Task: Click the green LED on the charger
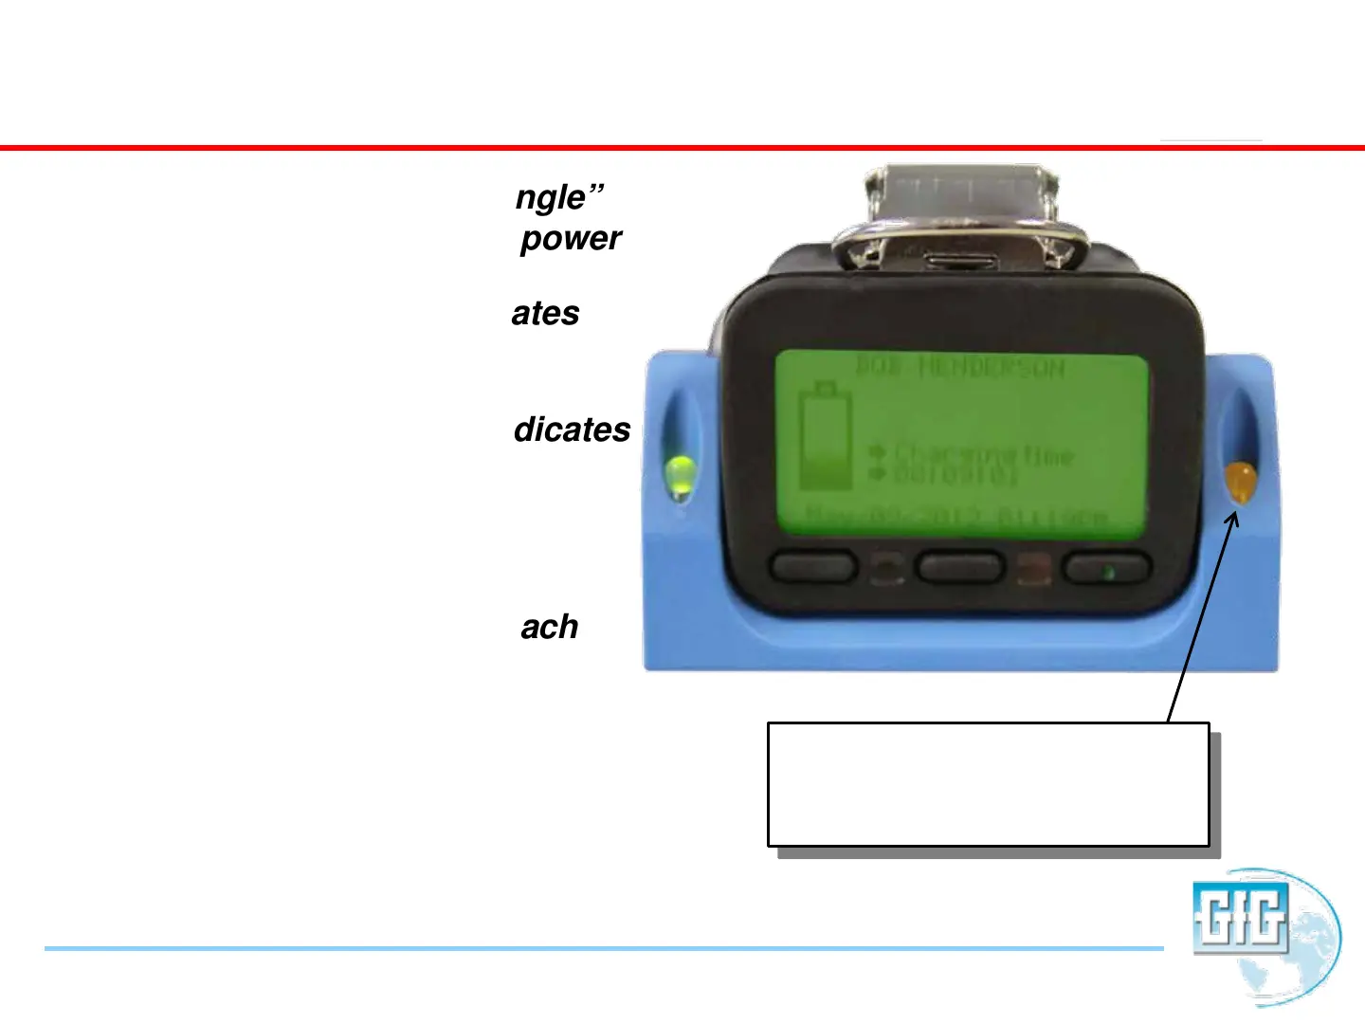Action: [x=680, y=475]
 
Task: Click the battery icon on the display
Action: [x=826, y=435]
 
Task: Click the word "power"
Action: [x=571, y=239]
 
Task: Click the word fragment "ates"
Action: [x=545, y=314]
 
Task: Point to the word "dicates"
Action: [x=572, y=430]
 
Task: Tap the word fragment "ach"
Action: [x=549, y=628]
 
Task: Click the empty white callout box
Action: [x=988, y=784]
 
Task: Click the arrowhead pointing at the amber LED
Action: [x=1232, y=519]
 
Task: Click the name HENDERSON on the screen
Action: [x=991, y=368]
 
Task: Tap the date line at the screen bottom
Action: [x=957, y=518]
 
